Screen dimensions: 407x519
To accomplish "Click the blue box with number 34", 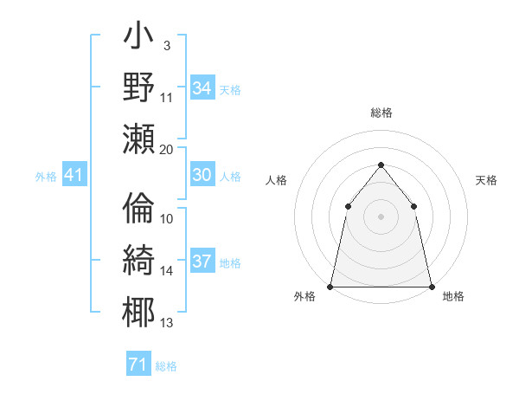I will (x=202, y=88).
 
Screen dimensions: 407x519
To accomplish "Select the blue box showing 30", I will (x=202, y=175).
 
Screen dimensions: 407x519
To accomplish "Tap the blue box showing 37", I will (x=202, y=262).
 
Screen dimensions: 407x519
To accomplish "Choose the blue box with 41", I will (x=74, y=176).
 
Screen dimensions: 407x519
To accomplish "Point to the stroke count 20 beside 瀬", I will (x=167, y=149).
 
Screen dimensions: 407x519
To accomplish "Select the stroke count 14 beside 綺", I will (x=167, y=271).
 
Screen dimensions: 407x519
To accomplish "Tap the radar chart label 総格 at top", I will (x=381, y=113).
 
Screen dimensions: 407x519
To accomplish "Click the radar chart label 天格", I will (x=486, y=180).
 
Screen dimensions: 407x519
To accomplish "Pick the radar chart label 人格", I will (x=276, y=180).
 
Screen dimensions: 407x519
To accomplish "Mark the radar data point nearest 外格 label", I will (x=330, y=286).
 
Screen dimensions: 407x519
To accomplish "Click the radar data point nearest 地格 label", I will (x=431, y=286).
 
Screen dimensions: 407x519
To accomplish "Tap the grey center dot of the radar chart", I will (x=381, y=216).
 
